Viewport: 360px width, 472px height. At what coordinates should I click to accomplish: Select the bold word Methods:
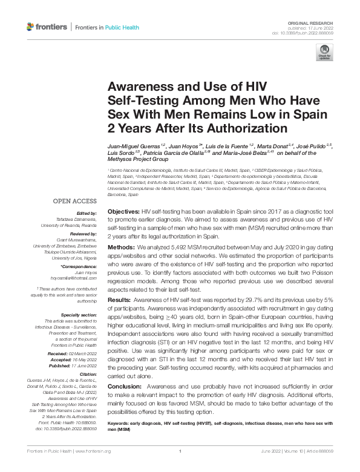[122, 248]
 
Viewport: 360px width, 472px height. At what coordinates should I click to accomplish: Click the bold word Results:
[120, 299]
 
